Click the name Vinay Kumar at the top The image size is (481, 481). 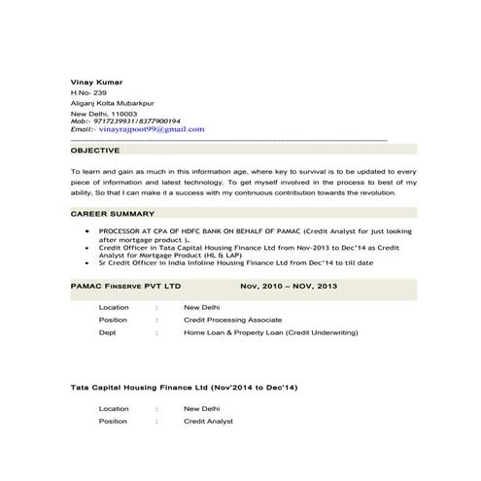[96, 81]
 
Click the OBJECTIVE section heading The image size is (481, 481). [96, 151]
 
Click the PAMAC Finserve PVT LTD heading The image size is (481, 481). [127, 288]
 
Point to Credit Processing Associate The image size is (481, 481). [233, 320]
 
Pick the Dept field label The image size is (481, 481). [108, 332]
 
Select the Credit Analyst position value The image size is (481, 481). [209, 422]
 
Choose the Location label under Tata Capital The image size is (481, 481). [114, 409]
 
